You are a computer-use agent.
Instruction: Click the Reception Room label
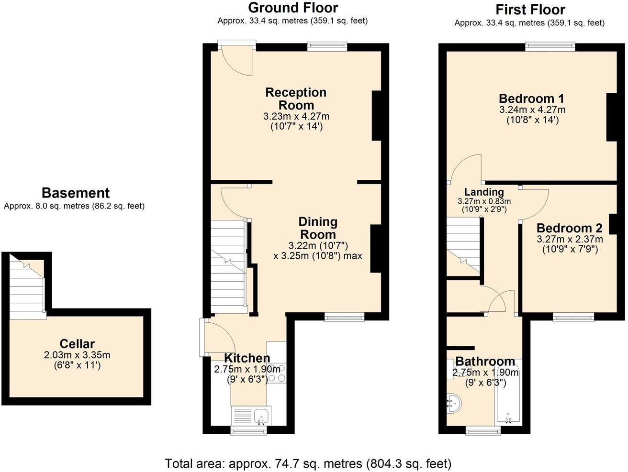pos(296,99)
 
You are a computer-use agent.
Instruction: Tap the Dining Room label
pos(318,228)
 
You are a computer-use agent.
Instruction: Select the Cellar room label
pos(77,343)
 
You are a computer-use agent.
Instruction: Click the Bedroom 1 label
pos(531,99)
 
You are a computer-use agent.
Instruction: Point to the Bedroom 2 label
pos(569,228)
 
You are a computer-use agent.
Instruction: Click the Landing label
pos(484,192)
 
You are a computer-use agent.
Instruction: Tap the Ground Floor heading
pos(293,8)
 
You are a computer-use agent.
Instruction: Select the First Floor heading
pos(530,10)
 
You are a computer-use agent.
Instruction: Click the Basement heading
pos(76,193)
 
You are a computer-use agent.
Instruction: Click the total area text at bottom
pos(308,463)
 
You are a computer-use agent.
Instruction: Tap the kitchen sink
pos(261,416)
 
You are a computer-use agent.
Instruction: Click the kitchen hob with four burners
pos(276,373)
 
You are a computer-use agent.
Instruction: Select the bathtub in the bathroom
pos(508,395)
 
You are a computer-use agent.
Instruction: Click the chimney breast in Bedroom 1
pos(612,117)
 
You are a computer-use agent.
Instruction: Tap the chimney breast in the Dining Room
pos(376,249)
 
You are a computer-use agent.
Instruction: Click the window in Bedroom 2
pos(573,316)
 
